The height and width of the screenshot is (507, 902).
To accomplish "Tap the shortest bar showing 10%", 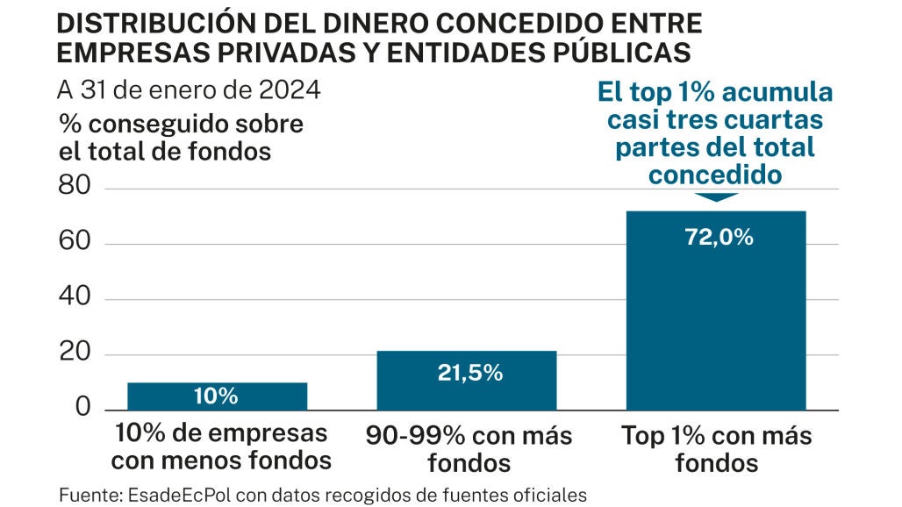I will [217, 396].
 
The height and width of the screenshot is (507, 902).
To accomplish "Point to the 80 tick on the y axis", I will [75, 189].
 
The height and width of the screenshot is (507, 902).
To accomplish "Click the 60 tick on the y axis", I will [75, 244].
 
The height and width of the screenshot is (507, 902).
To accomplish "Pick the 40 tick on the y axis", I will [75, 299].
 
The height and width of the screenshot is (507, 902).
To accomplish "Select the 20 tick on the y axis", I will [75, 354].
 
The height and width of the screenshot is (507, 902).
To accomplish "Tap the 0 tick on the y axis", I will [83, 409].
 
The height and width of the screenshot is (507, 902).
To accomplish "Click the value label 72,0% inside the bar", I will [715, 237].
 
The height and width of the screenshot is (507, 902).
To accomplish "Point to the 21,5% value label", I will [469, 372].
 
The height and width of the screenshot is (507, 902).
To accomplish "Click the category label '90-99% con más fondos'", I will [467, 447].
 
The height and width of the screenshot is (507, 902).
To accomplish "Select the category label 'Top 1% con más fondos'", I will [716, 447].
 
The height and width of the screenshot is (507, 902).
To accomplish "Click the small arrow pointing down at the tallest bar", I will [715, 196].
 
